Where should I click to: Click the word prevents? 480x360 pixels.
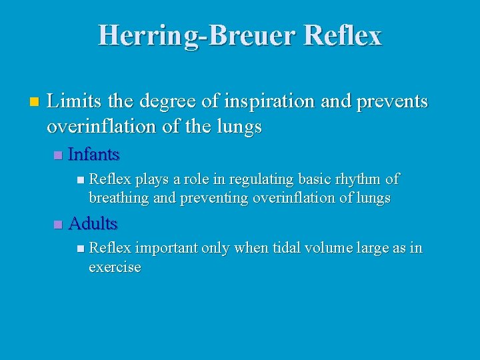pyautogui.click(x=389, y=102)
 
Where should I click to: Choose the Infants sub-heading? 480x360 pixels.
pyautogui.click(x=93, y=155)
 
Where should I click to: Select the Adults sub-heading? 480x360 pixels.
pyautogui.click(x=93, y=223)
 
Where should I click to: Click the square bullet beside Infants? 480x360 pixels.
pyautogui.click(x=57, y=155)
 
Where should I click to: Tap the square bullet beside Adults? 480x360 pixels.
pyautogui.click(x=57, y=224)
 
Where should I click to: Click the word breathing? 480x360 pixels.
pyautogui.click(x=119, y=199)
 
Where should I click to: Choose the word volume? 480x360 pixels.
pyautogui.click(x=328, y=248)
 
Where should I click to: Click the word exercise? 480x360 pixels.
pyautogui.click(x=115, y=267)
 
